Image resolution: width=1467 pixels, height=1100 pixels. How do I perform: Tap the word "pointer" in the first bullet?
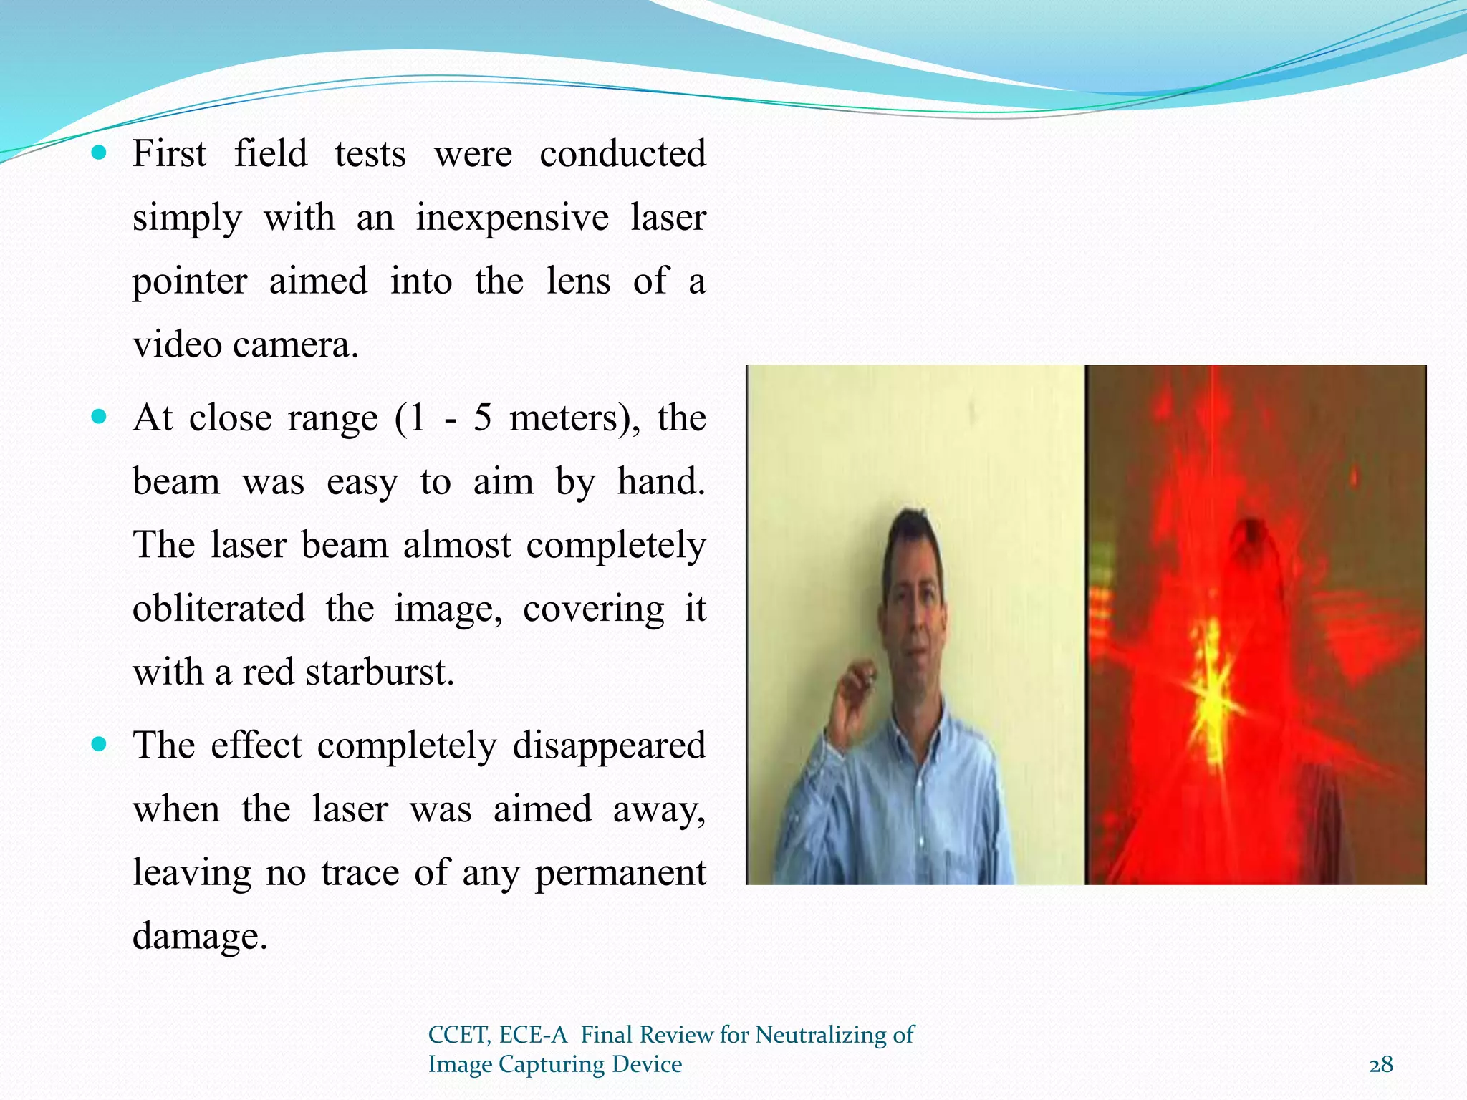190,281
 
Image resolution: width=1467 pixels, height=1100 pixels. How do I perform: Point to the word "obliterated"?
218,609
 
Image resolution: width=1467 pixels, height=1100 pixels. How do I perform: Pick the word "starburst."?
380,672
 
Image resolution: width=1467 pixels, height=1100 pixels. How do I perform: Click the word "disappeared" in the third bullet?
609,746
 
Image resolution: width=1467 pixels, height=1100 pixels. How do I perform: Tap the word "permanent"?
620,873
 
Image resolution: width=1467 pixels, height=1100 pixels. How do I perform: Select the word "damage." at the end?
200,936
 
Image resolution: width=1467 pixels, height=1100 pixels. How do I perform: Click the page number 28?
1381,1065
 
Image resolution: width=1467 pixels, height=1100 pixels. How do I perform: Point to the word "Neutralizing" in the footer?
823,1035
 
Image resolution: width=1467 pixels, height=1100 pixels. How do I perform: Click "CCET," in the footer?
459,1035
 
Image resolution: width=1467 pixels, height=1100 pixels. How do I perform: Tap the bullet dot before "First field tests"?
100,153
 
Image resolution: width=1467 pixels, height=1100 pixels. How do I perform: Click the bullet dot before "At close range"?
100,417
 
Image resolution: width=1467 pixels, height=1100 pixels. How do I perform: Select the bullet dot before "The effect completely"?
100,745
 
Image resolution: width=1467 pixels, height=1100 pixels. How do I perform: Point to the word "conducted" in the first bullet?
622,154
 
